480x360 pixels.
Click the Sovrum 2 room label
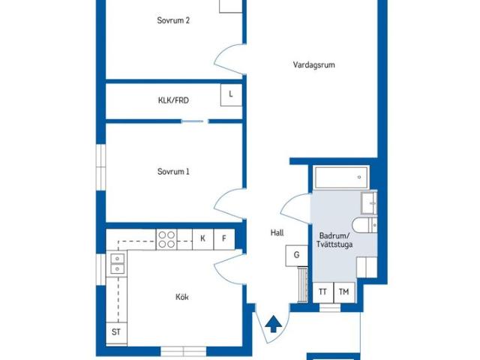[x=173, y=20]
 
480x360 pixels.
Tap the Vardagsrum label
[x=313, y=65]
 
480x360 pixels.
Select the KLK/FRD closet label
[x=173, y=100]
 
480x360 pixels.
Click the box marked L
[x=231, y=95]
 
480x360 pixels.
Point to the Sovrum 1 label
[x=173, y=172]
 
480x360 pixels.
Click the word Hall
[x=277, y=233]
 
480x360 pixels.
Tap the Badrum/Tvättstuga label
[x=334, y=240]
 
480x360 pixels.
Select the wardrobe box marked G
[x=297, y=256]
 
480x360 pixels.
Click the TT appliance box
[x=323, y=292]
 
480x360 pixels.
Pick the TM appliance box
[x=344, y=292]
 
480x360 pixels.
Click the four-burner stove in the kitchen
[x=166, y=239]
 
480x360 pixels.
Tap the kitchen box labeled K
[x=202, y=239]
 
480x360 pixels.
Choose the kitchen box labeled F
[x=224, y=239]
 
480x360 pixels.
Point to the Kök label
[x=181, y=297]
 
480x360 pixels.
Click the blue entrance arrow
[x=273, y=325]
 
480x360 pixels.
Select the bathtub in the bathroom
[x=341, y=178]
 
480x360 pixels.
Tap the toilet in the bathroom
[x=364, y=226]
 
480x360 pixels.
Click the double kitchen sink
[x=117, y=264]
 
